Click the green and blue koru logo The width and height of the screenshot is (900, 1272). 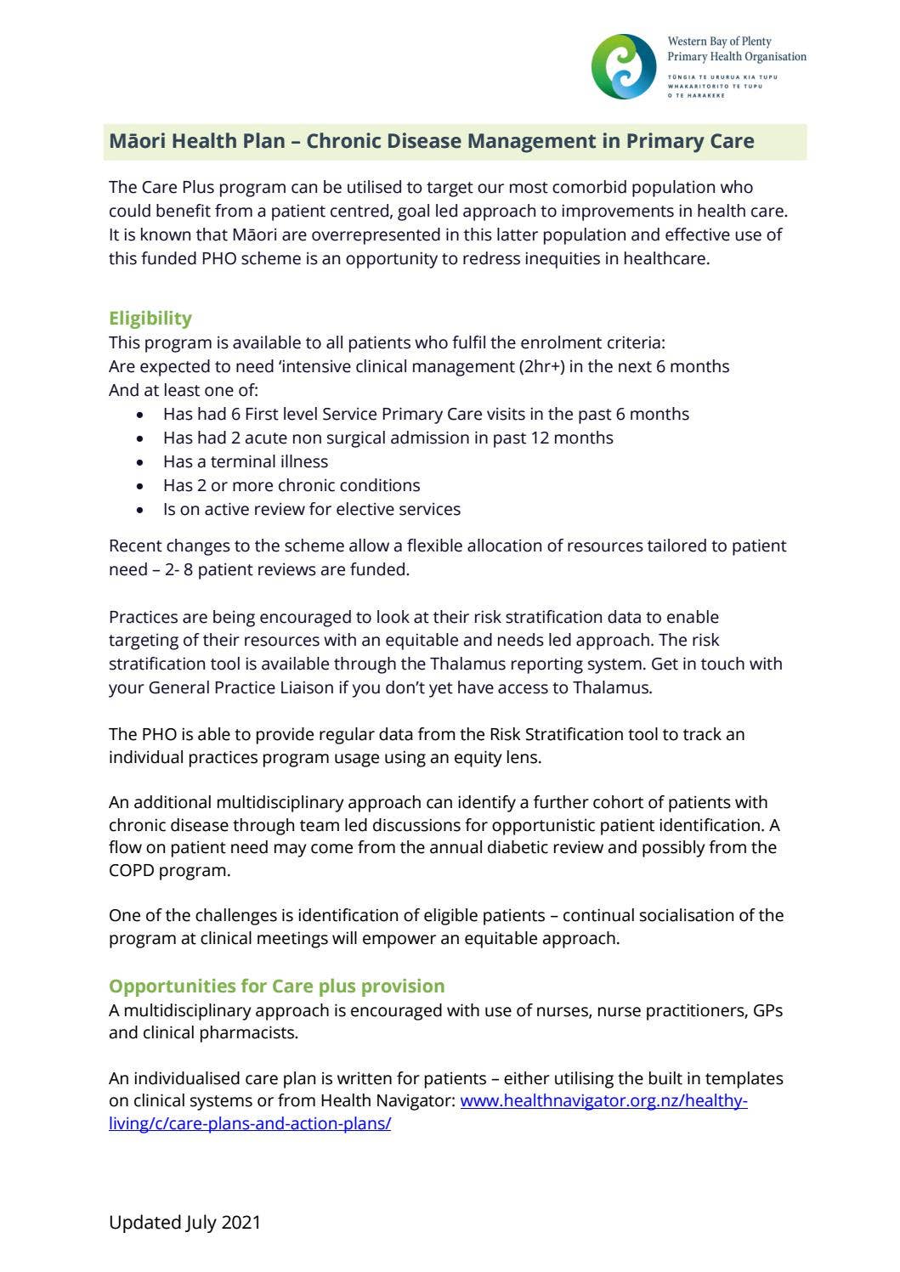[x=624, y=66]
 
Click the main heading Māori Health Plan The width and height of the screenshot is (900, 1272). [x=431, y=141]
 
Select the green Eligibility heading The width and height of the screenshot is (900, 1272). [x=150, y=318]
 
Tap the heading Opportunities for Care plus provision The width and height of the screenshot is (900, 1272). [x=276, y=986]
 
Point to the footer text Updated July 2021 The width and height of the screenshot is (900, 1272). [x=184, y=1222]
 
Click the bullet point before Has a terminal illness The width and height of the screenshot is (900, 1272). [x=141, y=462]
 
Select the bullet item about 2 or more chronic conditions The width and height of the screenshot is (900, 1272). [x=292, y=485]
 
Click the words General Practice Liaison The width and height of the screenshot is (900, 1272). [x=241, y=687]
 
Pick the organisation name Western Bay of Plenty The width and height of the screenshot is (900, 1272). [x=719, y=42]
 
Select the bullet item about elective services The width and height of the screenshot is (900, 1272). [x=311, y=509]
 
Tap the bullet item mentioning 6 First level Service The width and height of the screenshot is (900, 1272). [x=425, y=414]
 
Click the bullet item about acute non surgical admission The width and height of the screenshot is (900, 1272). [x=388, y=438]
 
